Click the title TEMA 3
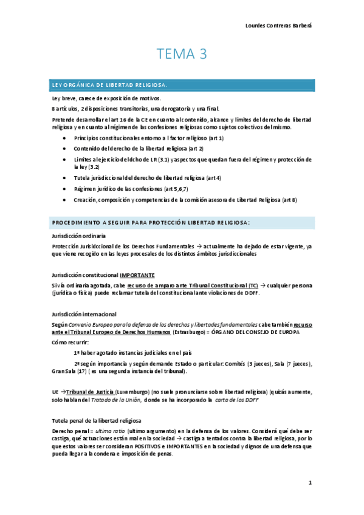pyautogui.click(x=182, y=55)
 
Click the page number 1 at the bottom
pyautogui.click(x=309, y=483)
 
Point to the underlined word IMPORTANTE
pyautogui.click(x=137, y=275)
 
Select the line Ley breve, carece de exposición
pyautogui.click(x=106, y=98)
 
